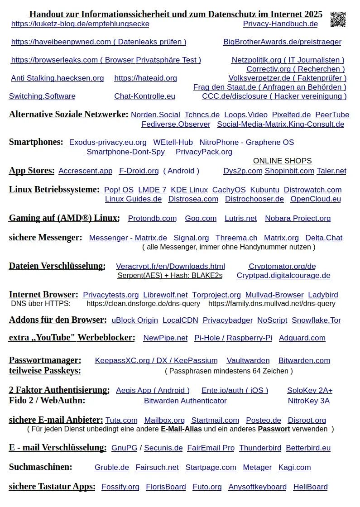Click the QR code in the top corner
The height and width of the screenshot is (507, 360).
338,19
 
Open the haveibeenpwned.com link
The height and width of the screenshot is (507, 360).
98,42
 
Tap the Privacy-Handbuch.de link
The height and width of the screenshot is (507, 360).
280,24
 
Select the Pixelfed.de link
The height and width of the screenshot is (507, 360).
291,115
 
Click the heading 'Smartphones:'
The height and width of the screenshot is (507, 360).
36,142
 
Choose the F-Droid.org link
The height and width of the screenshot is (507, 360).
139,171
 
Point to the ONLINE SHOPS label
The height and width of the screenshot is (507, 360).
282,161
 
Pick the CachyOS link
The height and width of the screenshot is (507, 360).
229,190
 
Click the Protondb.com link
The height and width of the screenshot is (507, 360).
152,219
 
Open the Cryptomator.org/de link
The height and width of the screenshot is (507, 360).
282,267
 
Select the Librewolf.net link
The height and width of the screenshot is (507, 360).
165,295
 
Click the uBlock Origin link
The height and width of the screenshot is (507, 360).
134,320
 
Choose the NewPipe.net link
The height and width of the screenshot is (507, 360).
165,338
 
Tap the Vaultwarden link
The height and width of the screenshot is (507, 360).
248,361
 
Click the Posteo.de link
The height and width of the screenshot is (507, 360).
263,421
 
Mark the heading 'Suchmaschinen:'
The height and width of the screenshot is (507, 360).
40,467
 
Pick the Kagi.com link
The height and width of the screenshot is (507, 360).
294,468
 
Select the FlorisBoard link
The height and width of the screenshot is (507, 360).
166,487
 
